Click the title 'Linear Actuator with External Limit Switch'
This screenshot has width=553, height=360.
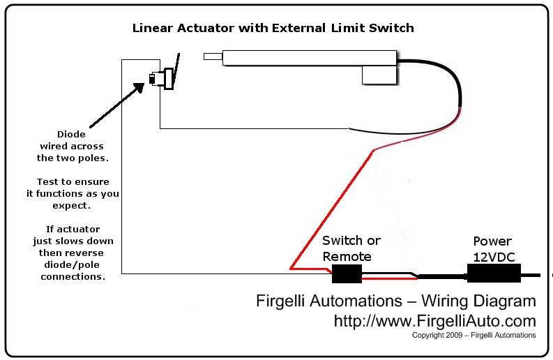click(273, 28)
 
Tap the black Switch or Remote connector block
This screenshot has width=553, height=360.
click(347, 274)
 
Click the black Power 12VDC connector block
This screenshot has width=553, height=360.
click(494, 273)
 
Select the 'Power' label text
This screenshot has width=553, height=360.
click(492, 241)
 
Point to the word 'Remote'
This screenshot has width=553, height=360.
click(347, 256)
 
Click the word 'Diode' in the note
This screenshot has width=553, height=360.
click(70, 134)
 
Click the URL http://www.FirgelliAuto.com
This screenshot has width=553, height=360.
click(434, 321)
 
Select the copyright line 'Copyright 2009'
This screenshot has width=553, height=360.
click(436, 336)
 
